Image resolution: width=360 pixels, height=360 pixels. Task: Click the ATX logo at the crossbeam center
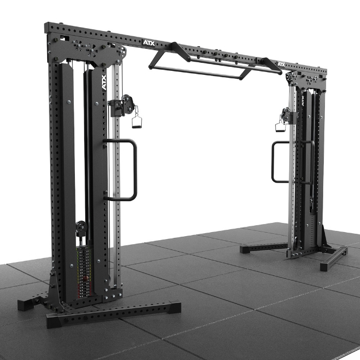149,43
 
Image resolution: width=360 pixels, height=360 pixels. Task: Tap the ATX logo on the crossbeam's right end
281,65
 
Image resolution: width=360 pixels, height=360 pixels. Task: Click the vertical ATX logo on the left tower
104,82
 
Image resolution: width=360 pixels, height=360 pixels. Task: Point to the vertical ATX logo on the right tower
303,101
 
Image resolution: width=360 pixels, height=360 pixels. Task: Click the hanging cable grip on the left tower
137,119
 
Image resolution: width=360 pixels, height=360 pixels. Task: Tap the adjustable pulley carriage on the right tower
288,116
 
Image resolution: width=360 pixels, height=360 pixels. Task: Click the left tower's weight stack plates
84,272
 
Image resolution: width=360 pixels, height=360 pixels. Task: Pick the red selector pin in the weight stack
86,278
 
